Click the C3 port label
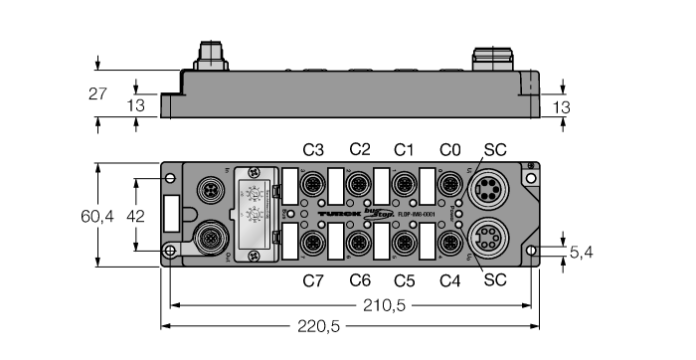[x=313, y=150]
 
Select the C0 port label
[x=450, y=150]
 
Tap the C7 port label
[x=313, y=280]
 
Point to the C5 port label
[x=405, y=280]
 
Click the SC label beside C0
[x=494, y=150]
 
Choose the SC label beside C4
[x=494, y=280]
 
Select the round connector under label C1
[x=404, y=185]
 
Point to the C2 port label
[x=359, y=150]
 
